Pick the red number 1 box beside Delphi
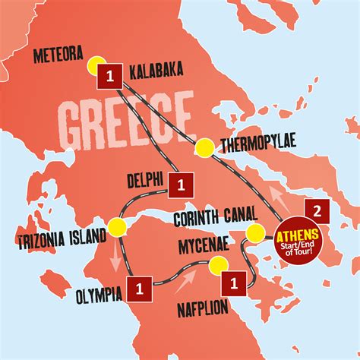pyautogui.click(x=182, y=183)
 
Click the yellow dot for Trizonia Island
pyautogui.click(x=117, y=225)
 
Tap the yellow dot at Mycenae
pyautogui.click(x=218, y=265)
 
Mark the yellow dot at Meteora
pyautogui.click(x=96, y=65)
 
